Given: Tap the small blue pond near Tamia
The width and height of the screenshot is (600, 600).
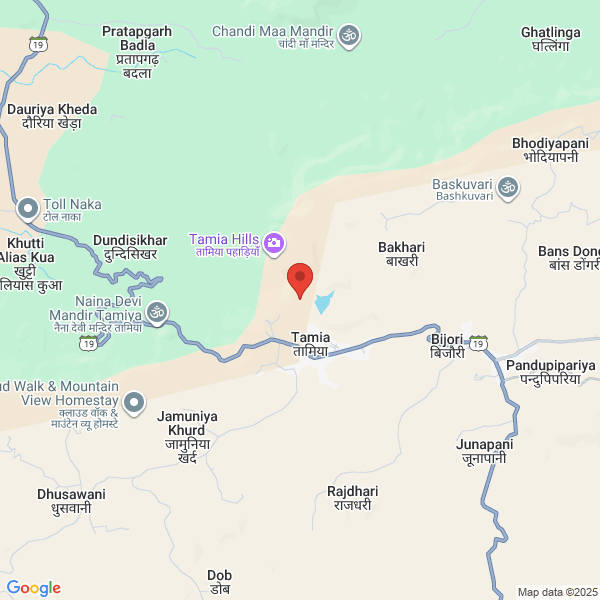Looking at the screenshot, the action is coord(323,301).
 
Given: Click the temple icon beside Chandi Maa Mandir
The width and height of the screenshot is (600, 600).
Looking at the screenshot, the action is coord(349,36).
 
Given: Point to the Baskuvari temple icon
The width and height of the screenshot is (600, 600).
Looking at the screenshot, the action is coord(508,187).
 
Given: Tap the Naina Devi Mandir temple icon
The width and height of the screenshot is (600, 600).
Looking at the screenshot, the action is coord(156,314).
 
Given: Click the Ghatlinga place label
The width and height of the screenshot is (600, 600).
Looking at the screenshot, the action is coord(551,39).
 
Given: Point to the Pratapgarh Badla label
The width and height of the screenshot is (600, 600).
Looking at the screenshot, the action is coord(136,52).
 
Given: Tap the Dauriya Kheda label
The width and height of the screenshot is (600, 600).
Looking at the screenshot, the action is coord(52,116).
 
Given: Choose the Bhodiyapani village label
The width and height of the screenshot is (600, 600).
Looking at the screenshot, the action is coord(550,150).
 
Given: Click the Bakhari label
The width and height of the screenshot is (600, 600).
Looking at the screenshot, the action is coord(402,253).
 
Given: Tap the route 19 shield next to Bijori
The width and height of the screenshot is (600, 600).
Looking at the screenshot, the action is coord(480,343).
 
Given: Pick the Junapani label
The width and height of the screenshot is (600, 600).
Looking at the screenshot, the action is coord(484,451).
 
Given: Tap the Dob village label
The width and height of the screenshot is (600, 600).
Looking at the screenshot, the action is coord(219,582).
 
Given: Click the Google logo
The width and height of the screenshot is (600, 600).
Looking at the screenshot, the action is coord(33,588).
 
